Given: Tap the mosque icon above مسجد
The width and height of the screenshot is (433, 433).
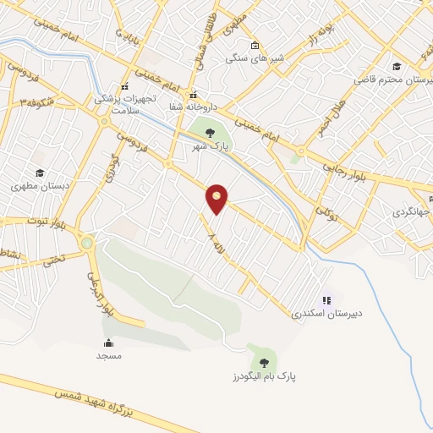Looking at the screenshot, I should tap(108, 343).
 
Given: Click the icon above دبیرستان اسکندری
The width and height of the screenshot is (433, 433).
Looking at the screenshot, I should tap(326, 299).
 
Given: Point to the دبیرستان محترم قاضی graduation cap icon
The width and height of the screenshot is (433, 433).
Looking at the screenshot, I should tap(396, 66).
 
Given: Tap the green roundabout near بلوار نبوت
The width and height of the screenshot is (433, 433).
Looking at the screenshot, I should tap(87, 244).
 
